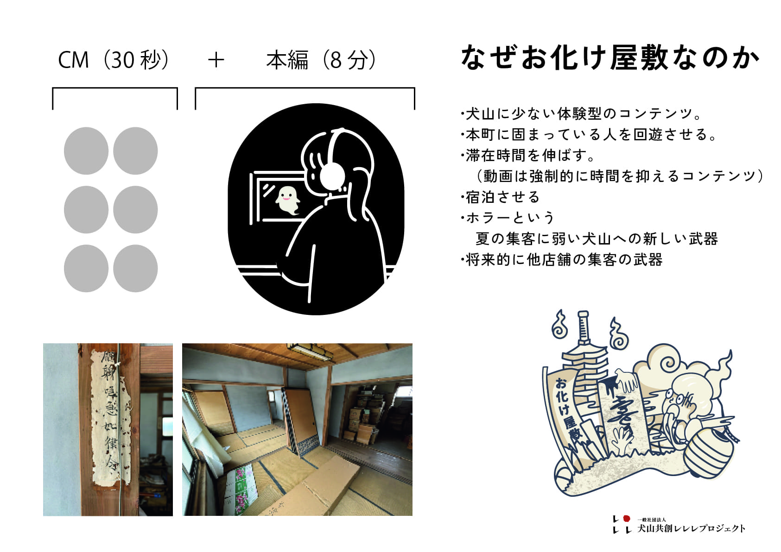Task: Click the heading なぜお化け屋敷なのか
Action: (610, 59)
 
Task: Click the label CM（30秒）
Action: (114, 60)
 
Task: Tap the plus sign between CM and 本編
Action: (216, 60)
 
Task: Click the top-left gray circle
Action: (86, 151)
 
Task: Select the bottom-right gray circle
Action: (135, 269)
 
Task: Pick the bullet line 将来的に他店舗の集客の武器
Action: (563, 260)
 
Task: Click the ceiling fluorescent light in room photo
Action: (310, 352)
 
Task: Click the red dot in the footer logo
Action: (627, 519)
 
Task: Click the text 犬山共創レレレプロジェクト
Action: (691, 528)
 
